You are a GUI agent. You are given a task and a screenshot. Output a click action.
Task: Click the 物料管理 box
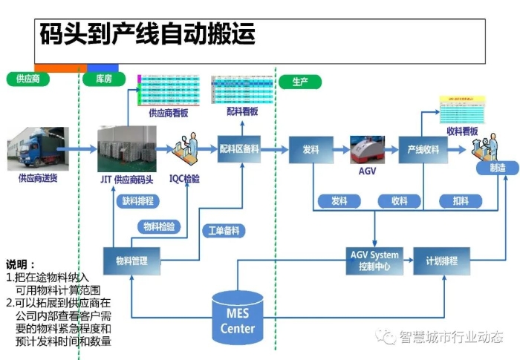131,261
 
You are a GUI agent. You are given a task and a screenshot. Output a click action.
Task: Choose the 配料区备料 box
238,148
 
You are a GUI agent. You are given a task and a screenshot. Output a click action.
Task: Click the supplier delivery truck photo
37,148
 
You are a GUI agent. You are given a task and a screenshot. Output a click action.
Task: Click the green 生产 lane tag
301,81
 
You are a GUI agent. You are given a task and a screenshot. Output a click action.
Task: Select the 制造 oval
498,168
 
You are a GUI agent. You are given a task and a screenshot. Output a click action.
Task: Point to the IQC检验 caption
184,178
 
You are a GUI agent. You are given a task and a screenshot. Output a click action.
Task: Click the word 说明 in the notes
20,264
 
